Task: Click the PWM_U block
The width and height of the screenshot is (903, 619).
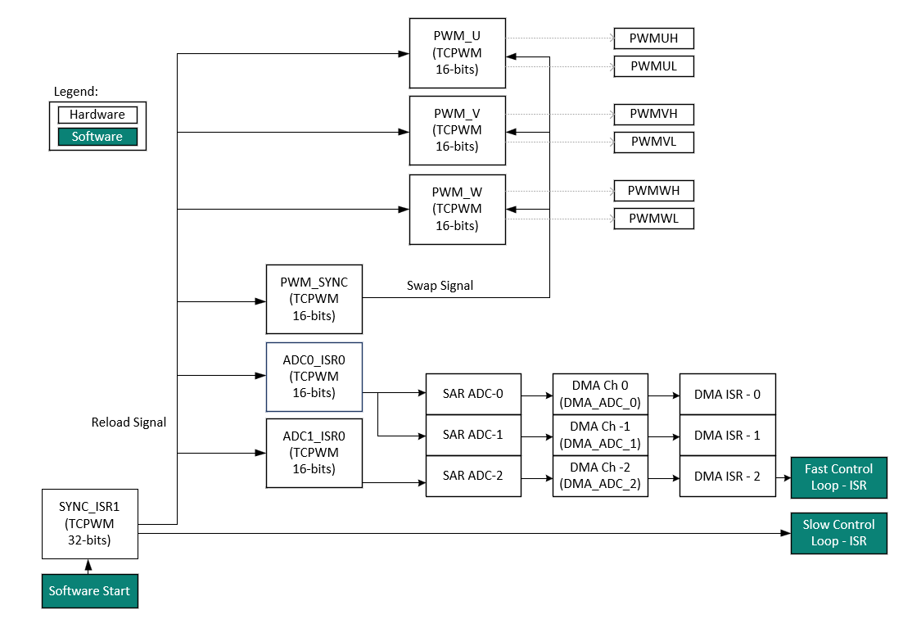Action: click(x=457, y=52)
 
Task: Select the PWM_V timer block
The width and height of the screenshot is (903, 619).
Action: click(x=457, y=129)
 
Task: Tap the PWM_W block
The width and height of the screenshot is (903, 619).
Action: click(x=457, y=209)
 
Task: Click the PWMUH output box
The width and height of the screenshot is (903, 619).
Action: click(x=653, y=38)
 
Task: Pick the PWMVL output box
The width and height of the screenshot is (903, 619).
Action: click(x=653, y=142)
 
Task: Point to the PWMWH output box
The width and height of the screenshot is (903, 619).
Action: click(x=653, y=191)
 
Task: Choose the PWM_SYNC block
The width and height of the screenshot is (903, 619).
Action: click(x=314, y=299)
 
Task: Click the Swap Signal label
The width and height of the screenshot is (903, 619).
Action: click(x=440, y=286)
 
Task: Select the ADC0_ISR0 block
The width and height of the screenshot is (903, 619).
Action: click(x=314, y=377)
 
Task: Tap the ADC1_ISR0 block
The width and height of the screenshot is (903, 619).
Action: click(x=314, y=453)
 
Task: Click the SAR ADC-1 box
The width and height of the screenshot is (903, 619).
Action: click(x=472, y=435)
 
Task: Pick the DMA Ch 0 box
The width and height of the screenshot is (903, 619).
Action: click(x=600, y=394)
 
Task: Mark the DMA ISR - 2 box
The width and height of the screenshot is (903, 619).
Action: click(x=727, y=476)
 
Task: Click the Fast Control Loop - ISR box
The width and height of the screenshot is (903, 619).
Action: click(x=838, y=477)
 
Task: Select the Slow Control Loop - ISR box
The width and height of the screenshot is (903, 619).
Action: click(x=838, y=533)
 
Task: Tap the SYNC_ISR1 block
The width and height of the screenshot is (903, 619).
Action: click(x=90, y=523)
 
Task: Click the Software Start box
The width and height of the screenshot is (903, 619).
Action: click(x=89, y=591)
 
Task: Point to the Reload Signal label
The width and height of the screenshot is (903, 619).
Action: click(x=129, y=422)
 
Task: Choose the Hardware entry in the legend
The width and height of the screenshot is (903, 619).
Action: click(x=97, y=115)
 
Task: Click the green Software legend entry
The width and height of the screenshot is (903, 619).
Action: click(x=97, y=137)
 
